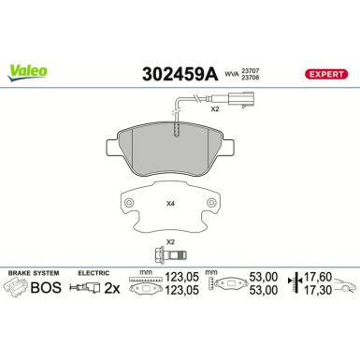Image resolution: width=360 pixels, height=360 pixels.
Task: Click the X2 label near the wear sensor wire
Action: coord(214,109)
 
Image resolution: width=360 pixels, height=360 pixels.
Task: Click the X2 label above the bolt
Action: coord(170,241)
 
